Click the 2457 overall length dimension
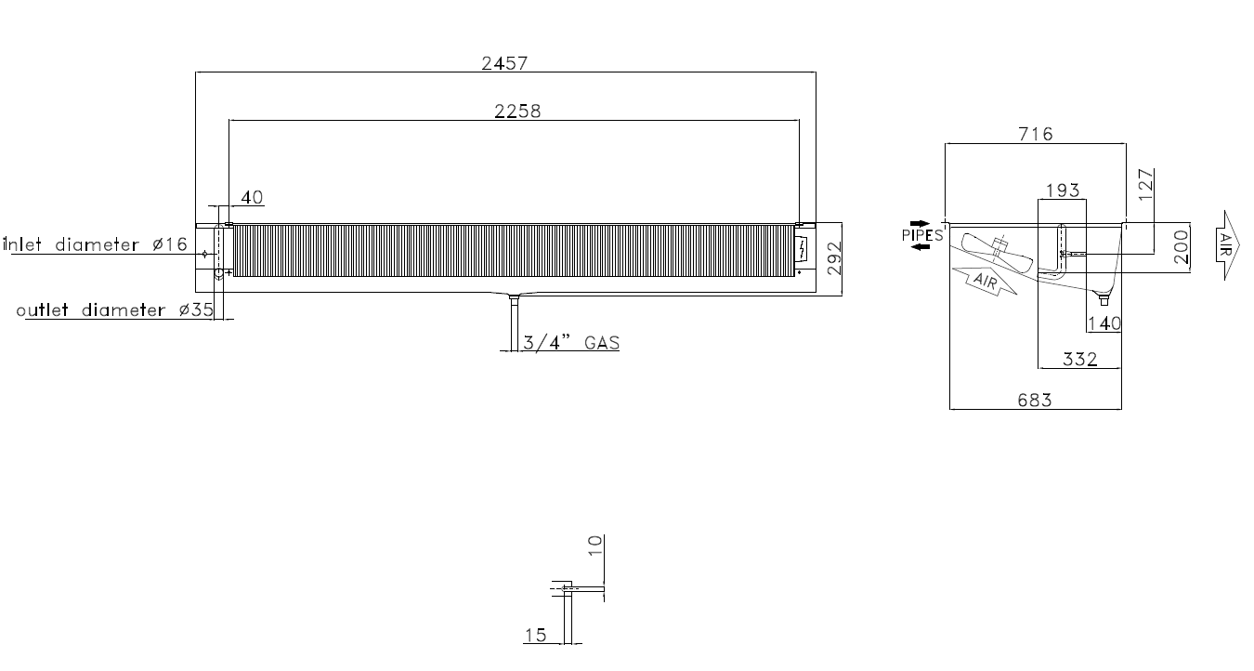coord(504,63)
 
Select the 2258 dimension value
coord(517,112)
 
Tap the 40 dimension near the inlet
coord(252,197)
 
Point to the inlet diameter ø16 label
coord(96,244)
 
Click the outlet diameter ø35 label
coord(115,310)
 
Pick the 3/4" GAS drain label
coord(571,343)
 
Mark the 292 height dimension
coord(834,258)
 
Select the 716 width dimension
coord(1036,135)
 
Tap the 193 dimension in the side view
coord(1063,191)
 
